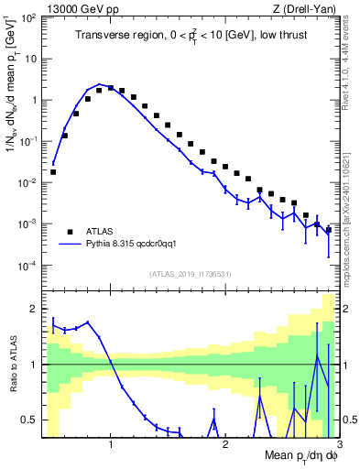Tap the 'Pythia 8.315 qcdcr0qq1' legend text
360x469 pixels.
click(138, 245)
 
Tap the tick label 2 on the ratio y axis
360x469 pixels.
click(34, 309)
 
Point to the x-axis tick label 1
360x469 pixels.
click(111, 445)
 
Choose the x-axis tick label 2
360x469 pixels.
click(224, 445)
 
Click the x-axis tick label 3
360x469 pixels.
click(338, 445)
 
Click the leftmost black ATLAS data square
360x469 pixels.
click(53, 171)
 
